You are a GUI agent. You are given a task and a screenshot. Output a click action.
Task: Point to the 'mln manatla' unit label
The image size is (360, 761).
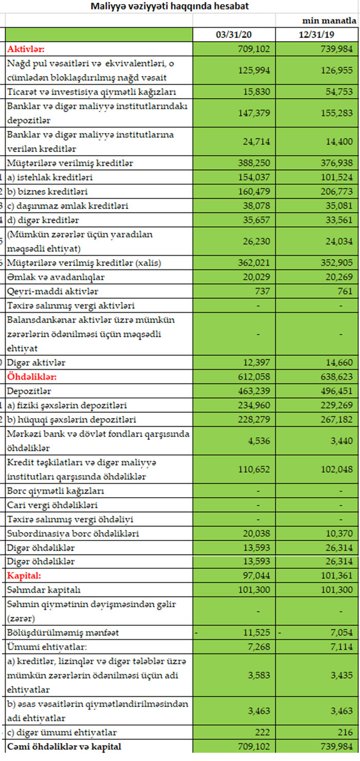pos(329,21)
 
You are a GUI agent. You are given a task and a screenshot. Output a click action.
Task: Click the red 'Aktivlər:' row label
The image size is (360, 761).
pos(26,49)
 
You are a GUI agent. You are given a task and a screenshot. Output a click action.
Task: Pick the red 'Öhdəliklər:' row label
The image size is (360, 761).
pos(31,377)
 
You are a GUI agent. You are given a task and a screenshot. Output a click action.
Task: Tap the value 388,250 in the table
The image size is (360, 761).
pos(255,163)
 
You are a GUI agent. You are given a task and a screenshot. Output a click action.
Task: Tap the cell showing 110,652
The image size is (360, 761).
pos(255,469)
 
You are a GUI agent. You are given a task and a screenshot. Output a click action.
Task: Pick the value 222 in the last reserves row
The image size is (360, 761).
pos(263,732)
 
